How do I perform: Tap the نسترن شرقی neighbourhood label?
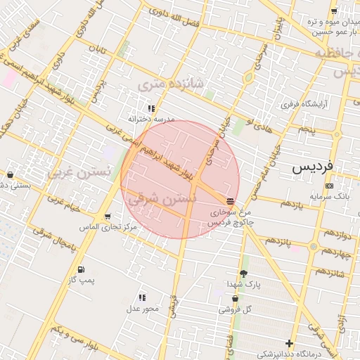pos(162,200)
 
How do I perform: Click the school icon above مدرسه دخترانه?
pos(151,108)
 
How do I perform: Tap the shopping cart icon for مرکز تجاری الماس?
pos(107,217)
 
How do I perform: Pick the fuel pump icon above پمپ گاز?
pos(80,269)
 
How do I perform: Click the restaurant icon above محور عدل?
pos(143,297)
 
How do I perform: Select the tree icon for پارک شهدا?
pos(243,273)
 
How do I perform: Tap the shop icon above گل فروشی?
pos(235,299)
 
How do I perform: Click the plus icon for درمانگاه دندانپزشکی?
pos(289,343)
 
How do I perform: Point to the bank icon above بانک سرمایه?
pos(330,186)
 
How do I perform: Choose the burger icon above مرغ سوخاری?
pos(231,201)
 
